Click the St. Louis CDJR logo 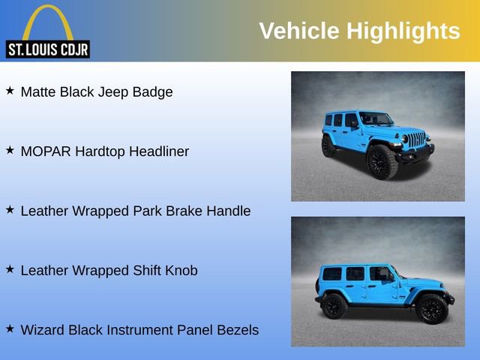coord(48,31)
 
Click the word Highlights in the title coord(403,31)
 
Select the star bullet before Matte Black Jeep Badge coord(10,91)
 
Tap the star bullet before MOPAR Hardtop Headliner coord(10,150)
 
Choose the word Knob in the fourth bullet coord(181,270)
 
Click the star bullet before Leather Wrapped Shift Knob coord(10,268)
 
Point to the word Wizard coord(42,329)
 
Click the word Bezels coord(236,329)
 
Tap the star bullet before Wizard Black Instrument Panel coord(10,328)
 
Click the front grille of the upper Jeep coord(417,139)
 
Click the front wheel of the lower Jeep coord(431,308)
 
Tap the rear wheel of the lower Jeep coord(334,306)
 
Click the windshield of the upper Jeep coord(376,118)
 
